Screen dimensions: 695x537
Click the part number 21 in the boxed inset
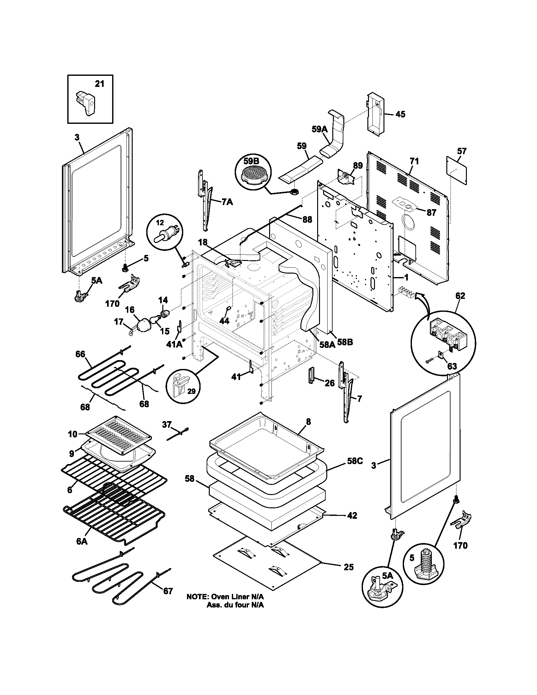pyautogui.click(x=100, y=84)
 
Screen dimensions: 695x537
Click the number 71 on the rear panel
pyautogui.click(x=414, y=161)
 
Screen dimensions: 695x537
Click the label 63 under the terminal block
pyautogui.click(x=452, y=366)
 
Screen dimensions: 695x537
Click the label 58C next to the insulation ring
pyautogui.click(x=355, y=461)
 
